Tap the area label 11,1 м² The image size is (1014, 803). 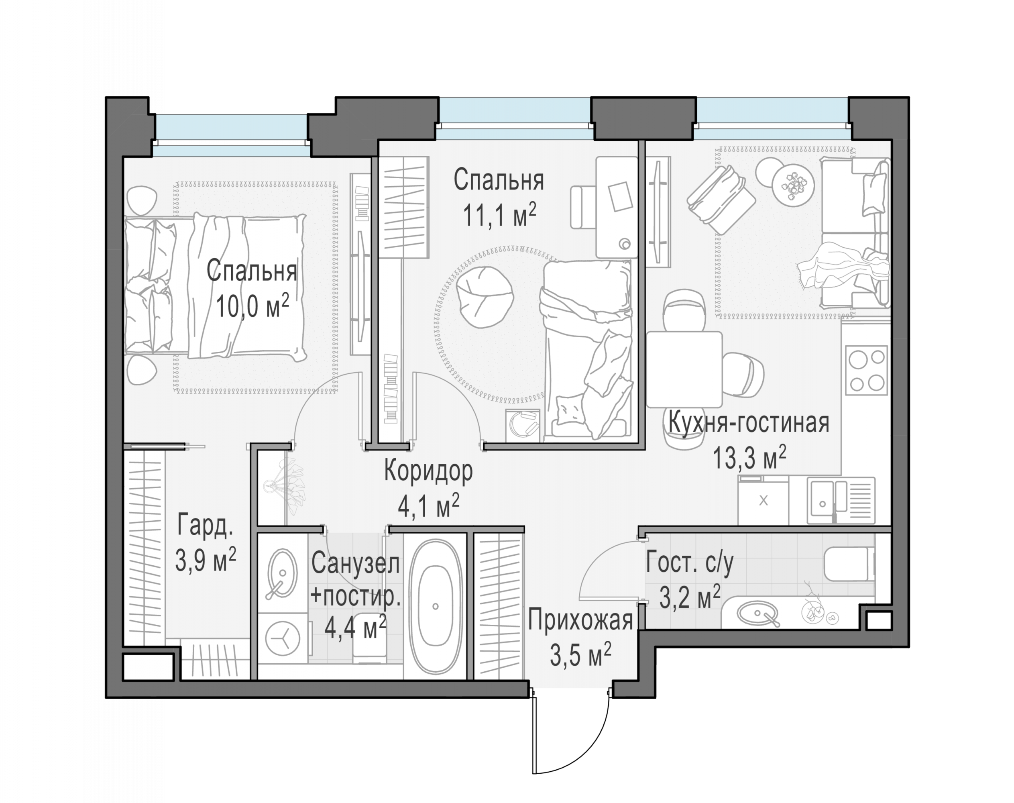499,214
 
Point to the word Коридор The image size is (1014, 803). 428,471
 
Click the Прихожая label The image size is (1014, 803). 580,620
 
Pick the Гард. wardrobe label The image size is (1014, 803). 205,526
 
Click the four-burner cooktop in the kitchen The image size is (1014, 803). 866,371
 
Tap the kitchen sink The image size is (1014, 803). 841,501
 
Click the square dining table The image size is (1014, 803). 684,369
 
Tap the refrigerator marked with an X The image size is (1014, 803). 764,501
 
